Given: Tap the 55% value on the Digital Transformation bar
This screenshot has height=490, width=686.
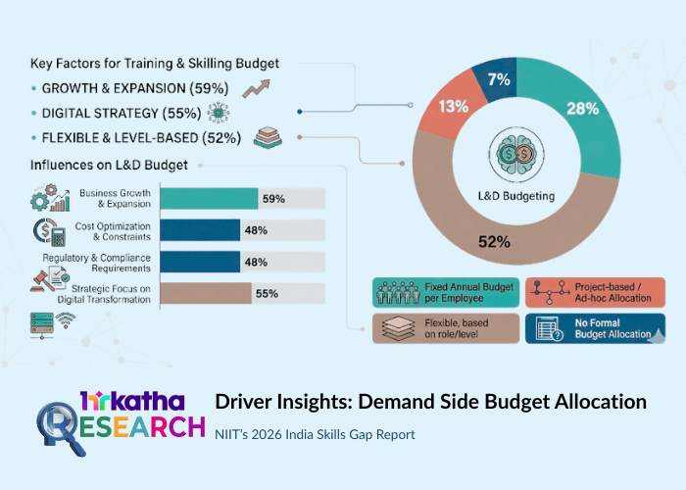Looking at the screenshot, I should (267, 293).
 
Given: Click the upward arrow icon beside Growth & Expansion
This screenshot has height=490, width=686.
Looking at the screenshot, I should (257, 88).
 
